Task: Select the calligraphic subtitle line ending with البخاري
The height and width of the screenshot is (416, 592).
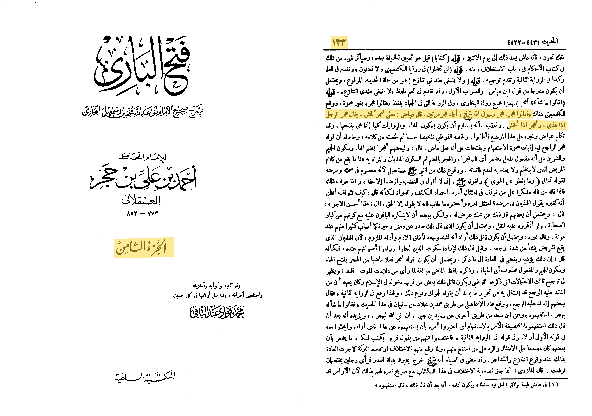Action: click(143, 111)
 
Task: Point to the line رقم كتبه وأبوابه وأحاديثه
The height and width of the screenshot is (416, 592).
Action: click(217, 286)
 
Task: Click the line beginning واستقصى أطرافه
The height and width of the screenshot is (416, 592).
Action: click(218, 295)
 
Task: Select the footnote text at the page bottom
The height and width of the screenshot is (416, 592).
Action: click(467, 385)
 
